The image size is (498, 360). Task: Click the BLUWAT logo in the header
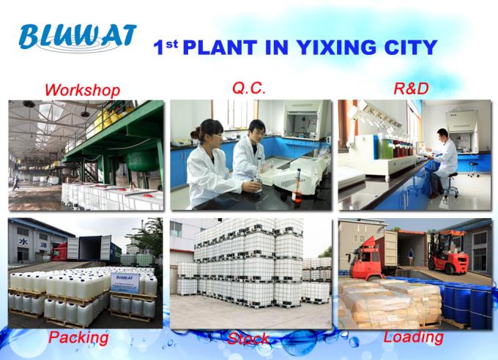pyautogui.click(x=78, y=37)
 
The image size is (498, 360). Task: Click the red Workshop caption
pyautogui.click(x=82, y=90)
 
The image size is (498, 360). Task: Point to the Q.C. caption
pyautogui.click(x=249, y=88)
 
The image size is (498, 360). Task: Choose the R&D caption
pyautogui.click(x=411, y=89)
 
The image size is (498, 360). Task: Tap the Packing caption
pyautogui.click(x=78, y=338)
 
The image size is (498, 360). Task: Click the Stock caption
pyautogui.click(x=249, y=339)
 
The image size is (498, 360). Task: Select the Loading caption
pyautogui.click(x=414, y=337)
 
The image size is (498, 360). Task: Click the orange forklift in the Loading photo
pyautogui.click(x=447, y=252)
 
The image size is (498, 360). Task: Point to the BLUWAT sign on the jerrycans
pyautogui.click(x=125, y=282)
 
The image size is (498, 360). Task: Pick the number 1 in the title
pyautogui.click(x=158, y=48)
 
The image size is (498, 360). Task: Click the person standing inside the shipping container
pyautogui.click(x=411, y=257)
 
